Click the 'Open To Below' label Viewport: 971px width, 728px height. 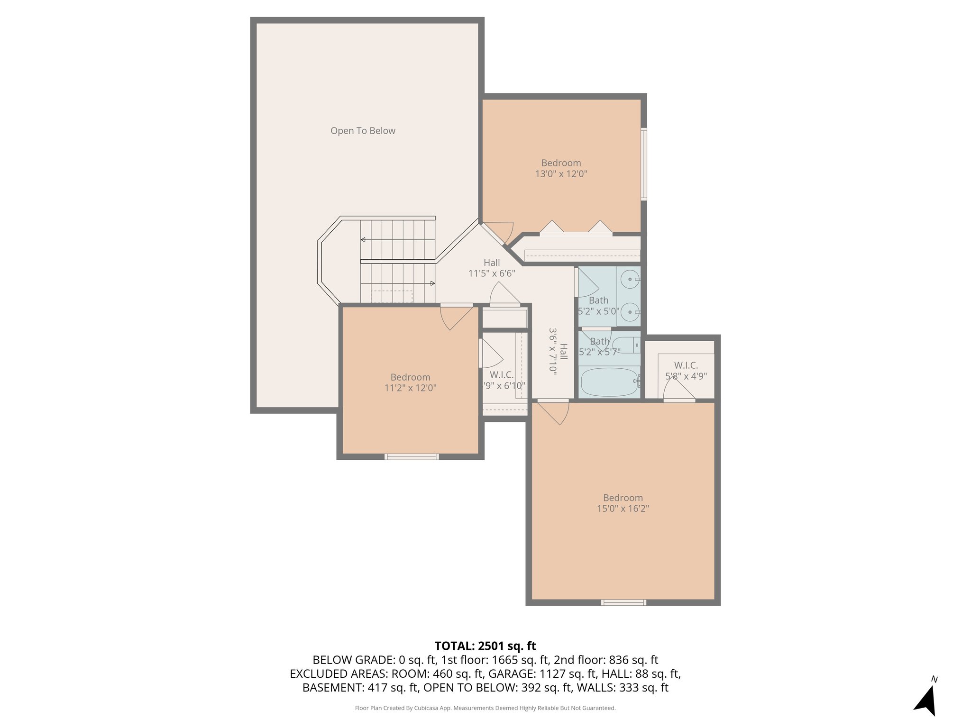coord(363,131)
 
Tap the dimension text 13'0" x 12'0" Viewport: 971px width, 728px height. coord(561,174)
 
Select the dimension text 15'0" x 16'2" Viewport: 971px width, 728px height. coord(623,509)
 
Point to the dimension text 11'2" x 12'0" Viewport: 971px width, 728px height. coord(410,388)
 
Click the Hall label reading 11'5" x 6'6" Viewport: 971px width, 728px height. coord(492,273)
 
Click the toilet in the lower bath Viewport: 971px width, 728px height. coord(625,345)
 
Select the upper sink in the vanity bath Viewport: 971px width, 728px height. coord(631,279)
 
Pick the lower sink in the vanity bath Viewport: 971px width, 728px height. coord(631,312)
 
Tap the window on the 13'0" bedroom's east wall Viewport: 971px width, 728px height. coord(644,164)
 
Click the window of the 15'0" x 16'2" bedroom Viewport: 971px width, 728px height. coord(623,602)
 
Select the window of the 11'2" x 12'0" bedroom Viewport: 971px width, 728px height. coord(412,457)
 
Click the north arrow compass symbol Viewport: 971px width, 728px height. coord(926,699)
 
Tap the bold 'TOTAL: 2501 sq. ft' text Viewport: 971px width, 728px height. coord(485,646)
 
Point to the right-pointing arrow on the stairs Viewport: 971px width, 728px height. coord(432,283)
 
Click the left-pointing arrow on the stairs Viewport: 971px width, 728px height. coord(363,240)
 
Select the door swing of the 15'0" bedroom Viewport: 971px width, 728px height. coord(555,413)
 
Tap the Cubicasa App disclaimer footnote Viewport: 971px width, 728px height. coord(485,708)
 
